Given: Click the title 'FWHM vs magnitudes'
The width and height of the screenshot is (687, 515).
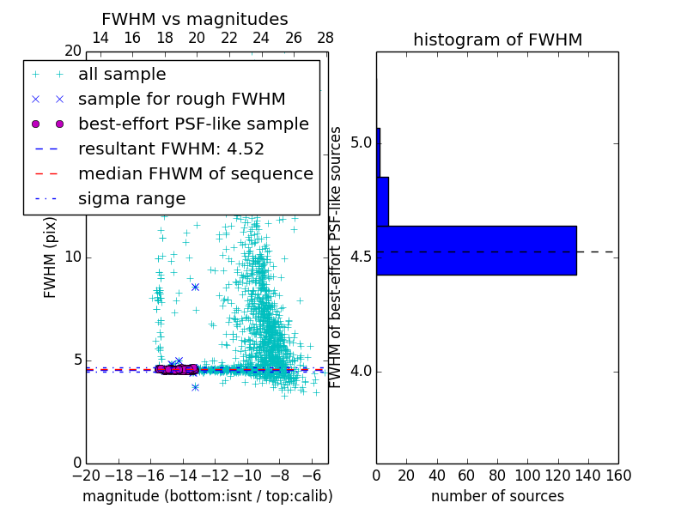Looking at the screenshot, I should tap(195, 19).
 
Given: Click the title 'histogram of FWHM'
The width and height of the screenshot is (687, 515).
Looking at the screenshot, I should tap(497, 39).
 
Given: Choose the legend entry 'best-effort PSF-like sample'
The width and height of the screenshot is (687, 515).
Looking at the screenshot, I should tap(193, 124).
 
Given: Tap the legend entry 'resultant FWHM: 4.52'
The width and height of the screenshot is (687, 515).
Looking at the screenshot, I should tap(171, 149).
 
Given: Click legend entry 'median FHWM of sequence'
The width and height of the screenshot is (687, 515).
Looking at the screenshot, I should tap(195, 174).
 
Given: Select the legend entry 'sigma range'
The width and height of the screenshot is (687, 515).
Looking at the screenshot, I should tap(131, 199).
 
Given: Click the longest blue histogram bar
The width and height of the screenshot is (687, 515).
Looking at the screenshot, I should tap(476, 251).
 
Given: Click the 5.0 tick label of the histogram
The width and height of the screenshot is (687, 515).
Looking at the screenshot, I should tap(362, 142).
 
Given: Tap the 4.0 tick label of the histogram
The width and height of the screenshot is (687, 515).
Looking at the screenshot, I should tap(362, 371).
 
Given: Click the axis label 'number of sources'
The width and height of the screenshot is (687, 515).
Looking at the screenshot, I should tap(497, 496).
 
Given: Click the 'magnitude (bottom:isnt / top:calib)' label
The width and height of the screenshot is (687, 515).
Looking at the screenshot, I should tap(207, 496).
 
